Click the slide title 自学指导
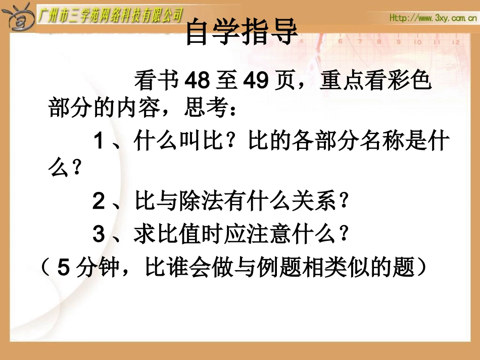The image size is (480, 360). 242,34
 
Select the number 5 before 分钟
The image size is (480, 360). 63,268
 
